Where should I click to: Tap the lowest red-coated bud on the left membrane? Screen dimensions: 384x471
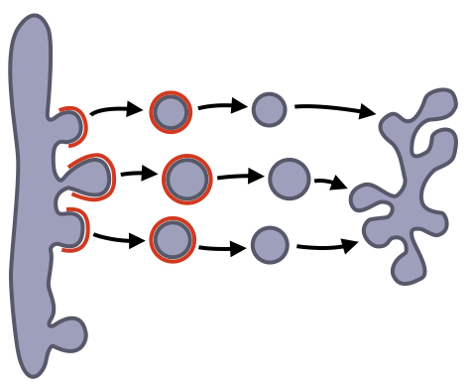tap(72, 229)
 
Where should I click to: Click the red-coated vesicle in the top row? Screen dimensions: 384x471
tap(171, 111)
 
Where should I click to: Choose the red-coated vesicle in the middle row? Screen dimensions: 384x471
tap(186, 179)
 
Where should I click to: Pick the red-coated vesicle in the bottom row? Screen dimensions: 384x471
tap(173, 239)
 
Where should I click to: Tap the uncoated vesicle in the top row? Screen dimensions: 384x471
tap(269, 109)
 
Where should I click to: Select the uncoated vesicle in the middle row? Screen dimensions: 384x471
tap(290, 179)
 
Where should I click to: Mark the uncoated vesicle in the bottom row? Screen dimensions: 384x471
tap(270, 244)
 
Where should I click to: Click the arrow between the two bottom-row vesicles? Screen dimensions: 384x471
tap(222, 248)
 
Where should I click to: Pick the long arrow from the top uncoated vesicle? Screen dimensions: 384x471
tap(335, 109)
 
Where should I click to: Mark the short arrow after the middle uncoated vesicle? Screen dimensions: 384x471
tap(330, 183)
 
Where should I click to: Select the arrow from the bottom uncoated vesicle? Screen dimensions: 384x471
tap(327, 245)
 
